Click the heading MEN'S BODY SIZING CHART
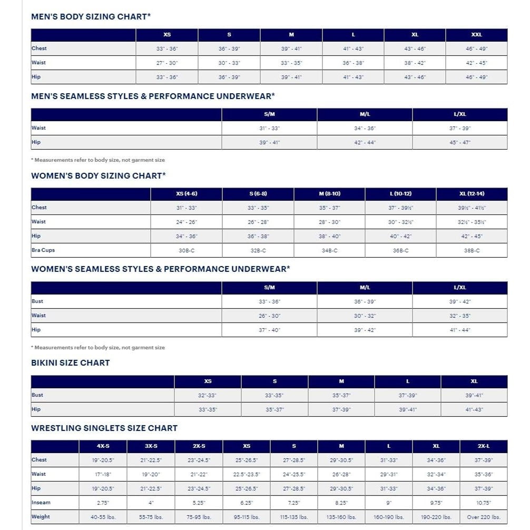(x=91, y=16)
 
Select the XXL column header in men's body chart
(x=476, y=35)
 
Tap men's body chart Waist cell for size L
(x=353, y=63)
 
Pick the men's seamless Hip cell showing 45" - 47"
(x=460, y=142)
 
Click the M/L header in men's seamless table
(x=365, y=114)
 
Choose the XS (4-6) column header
(x=187, y=194)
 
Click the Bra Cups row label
(x=43, y=250)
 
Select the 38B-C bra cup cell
(x=472, y=251)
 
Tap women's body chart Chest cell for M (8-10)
(x=329, y=208)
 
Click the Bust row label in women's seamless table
(x=37, y=301)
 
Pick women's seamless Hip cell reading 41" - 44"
(x=460, y=330)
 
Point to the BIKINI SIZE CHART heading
(x=70, y=362)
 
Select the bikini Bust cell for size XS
(x=208, y=395)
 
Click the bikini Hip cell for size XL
(x=474, y=409)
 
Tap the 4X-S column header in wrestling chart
(x=103, y=446)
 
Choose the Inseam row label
(x=41, y=503)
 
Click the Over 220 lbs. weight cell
(x=484, y=517)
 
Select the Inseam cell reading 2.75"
(x=103, y=503)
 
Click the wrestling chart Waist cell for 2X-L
(x=484, y=474)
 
